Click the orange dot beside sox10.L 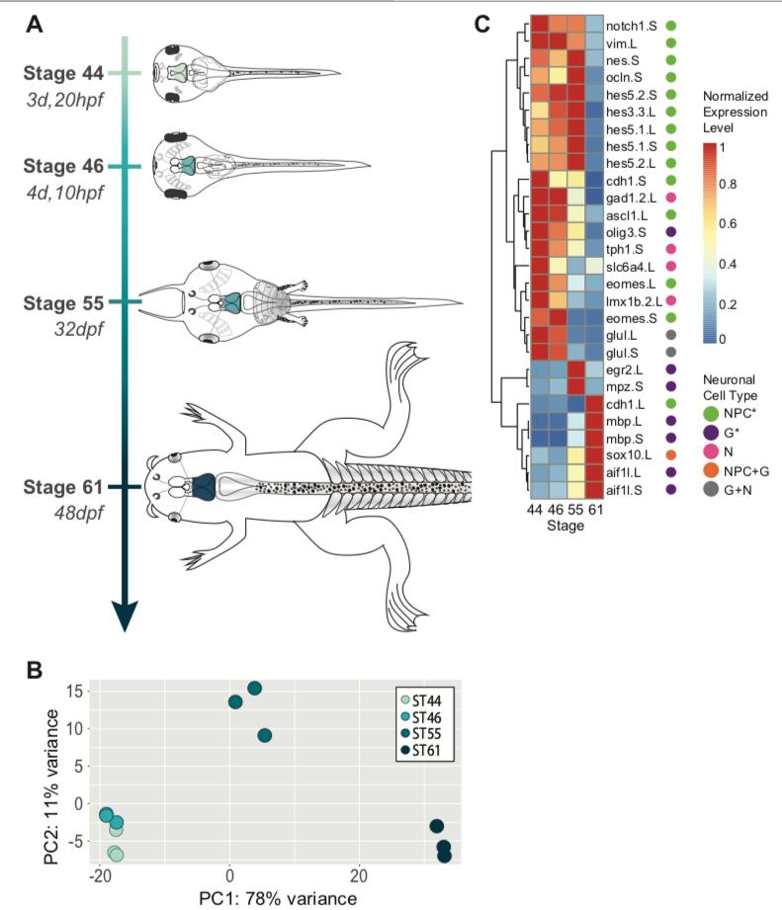(x=671, y=456)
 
